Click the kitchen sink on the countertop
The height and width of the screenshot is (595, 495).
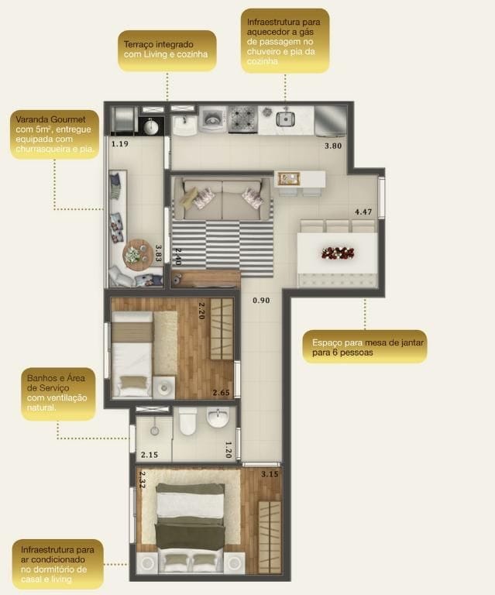click(x=285, y=119)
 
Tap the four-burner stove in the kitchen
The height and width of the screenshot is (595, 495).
click(x=242, y=119)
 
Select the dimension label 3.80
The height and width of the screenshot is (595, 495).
click(x=333, y=146)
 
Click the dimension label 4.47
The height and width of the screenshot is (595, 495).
click(x=363, y=212)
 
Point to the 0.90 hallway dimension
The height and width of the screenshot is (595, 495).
click(x=261, y=301)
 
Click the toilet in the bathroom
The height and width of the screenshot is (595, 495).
click(x=187, y=421)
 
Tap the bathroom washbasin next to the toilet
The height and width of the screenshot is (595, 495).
click(x=218, y=418)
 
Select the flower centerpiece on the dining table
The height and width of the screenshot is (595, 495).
click(x=338, y=253)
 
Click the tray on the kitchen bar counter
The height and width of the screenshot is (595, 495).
click(x=289, y=179)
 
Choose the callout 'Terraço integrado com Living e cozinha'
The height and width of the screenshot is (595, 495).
click(x=167, y=50)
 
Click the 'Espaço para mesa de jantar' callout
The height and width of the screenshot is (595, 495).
click(x=365, y=347)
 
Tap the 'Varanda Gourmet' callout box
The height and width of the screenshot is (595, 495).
click(x=55, y=134)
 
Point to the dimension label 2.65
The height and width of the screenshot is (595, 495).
click(x=221, y=392)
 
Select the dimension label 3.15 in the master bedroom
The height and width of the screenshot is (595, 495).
click(x=270, y=474)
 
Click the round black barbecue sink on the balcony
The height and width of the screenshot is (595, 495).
click(x=151, y=126)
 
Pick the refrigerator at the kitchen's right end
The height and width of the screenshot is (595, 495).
click(x=330, y=120)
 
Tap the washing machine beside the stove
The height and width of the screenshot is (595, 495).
click(x=213, y=119)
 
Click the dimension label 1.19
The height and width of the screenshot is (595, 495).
click(x=120, y=144)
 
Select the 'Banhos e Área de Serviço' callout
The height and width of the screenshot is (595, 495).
click(x=58, y=394)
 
